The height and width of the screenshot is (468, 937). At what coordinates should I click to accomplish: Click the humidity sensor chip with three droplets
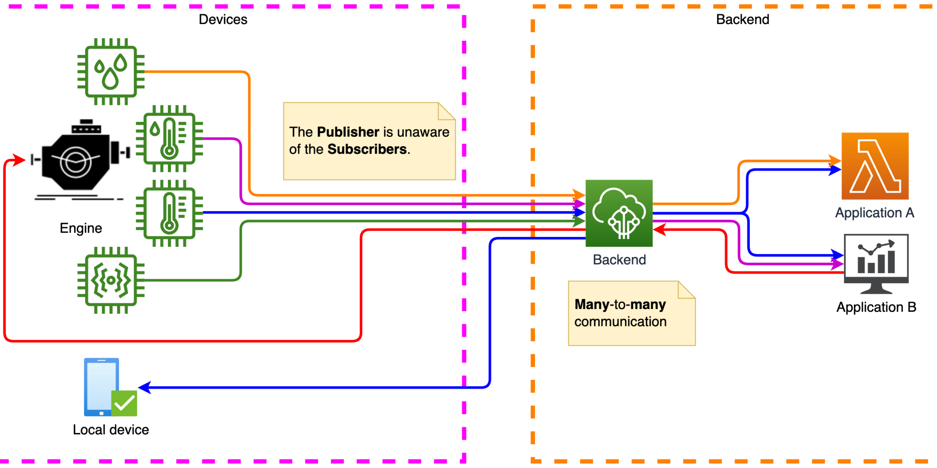coord(111,71)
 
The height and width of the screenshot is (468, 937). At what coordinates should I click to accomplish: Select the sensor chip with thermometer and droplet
coord(169,138)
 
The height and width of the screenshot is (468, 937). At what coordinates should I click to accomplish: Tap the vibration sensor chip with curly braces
coord(111,280)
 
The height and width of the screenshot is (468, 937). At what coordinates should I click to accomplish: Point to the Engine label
coord(81,228)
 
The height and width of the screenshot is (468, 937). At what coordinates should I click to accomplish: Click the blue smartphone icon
coord(101,387)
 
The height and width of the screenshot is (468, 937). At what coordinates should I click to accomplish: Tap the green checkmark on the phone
coord(124,403)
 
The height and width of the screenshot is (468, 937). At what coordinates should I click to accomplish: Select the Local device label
coord(111,430)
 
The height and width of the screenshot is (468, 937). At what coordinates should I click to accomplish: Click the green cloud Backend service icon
coord(619,213)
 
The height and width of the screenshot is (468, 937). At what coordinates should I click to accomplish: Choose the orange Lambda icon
coord(875,166)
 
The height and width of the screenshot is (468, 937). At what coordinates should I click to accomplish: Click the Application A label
coord(874,213)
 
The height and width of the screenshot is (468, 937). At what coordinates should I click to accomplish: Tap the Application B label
coord(876,307)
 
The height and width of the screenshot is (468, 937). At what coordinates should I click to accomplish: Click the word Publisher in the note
coord(348,132)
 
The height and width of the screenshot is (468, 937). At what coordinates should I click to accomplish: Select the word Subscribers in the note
coord(367,149)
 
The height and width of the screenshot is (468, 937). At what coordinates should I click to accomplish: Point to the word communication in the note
coord(620,322)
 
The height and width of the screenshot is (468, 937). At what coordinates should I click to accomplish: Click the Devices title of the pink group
coord(223,20)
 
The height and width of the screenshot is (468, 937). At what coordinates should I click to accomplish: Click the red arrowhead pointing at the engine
coord(18,160)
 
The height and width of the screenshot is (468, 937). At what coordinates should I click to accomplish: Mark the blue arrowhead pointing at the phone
coord(145,387)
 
